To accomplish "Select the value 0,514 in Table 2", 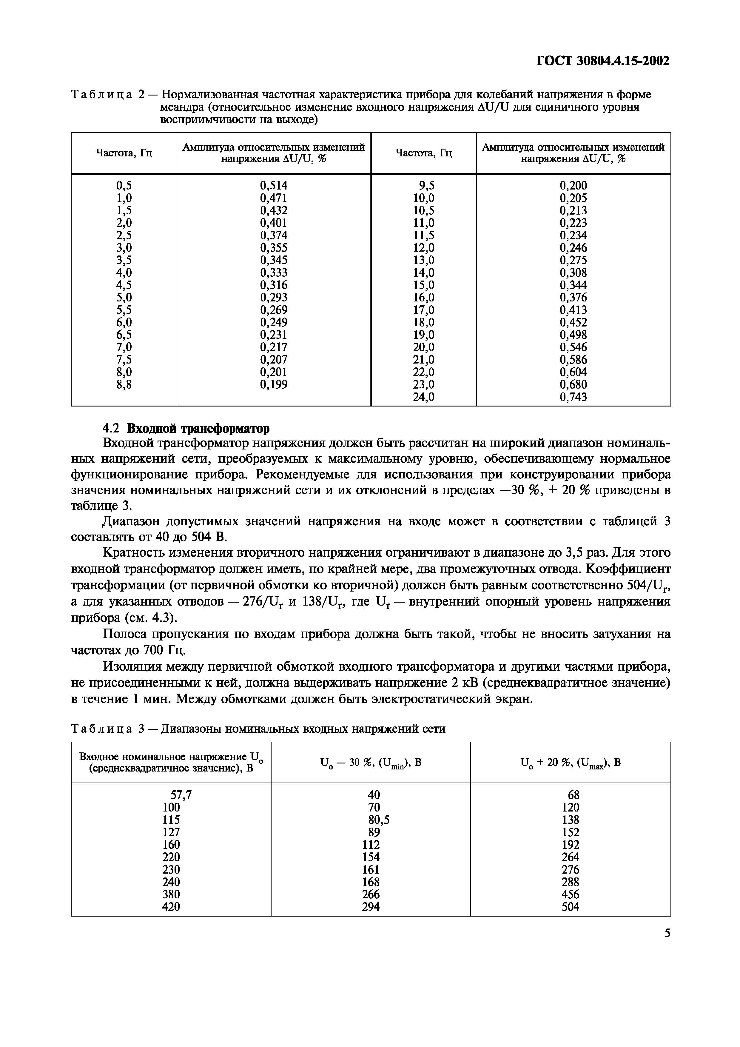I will pyautogui.click(x=274, y=186).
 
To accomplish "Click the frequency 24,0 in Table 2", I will pyautogui.click(x=424, y=397).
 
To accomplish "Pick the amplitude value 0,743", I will pyautogui.click(x=573, y=397).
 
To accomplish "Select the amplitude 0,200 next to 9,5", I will pyautogui.click(x=573, y=186).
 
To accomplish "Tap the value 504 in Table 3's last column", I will pyautogui.click(x=571, y=907).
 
